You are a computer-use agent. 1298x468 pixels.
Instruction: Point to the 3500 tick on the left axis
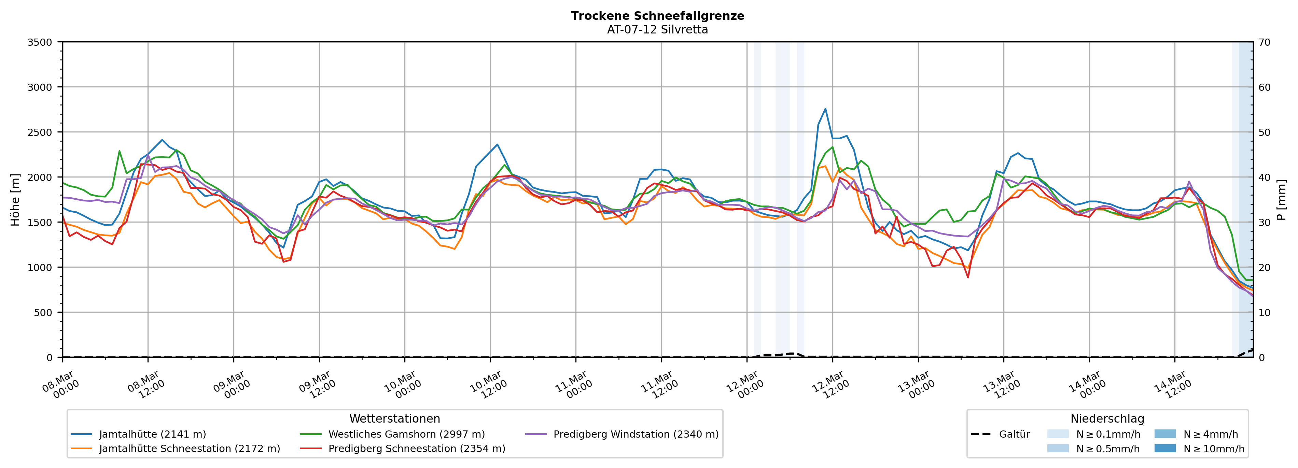(40, 42)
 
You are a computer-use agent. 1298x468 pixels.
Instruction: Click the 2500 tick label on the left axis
(40, 132)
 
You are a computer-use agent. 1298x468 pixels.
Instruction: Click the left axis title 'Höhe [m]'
(15, 200)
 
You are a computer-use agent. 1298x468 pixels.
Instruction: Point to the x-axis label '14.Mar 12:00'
(1172, 385)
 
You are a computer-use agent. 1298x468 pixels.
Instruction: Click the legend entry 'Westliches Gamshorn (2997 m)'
(406, 434)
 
